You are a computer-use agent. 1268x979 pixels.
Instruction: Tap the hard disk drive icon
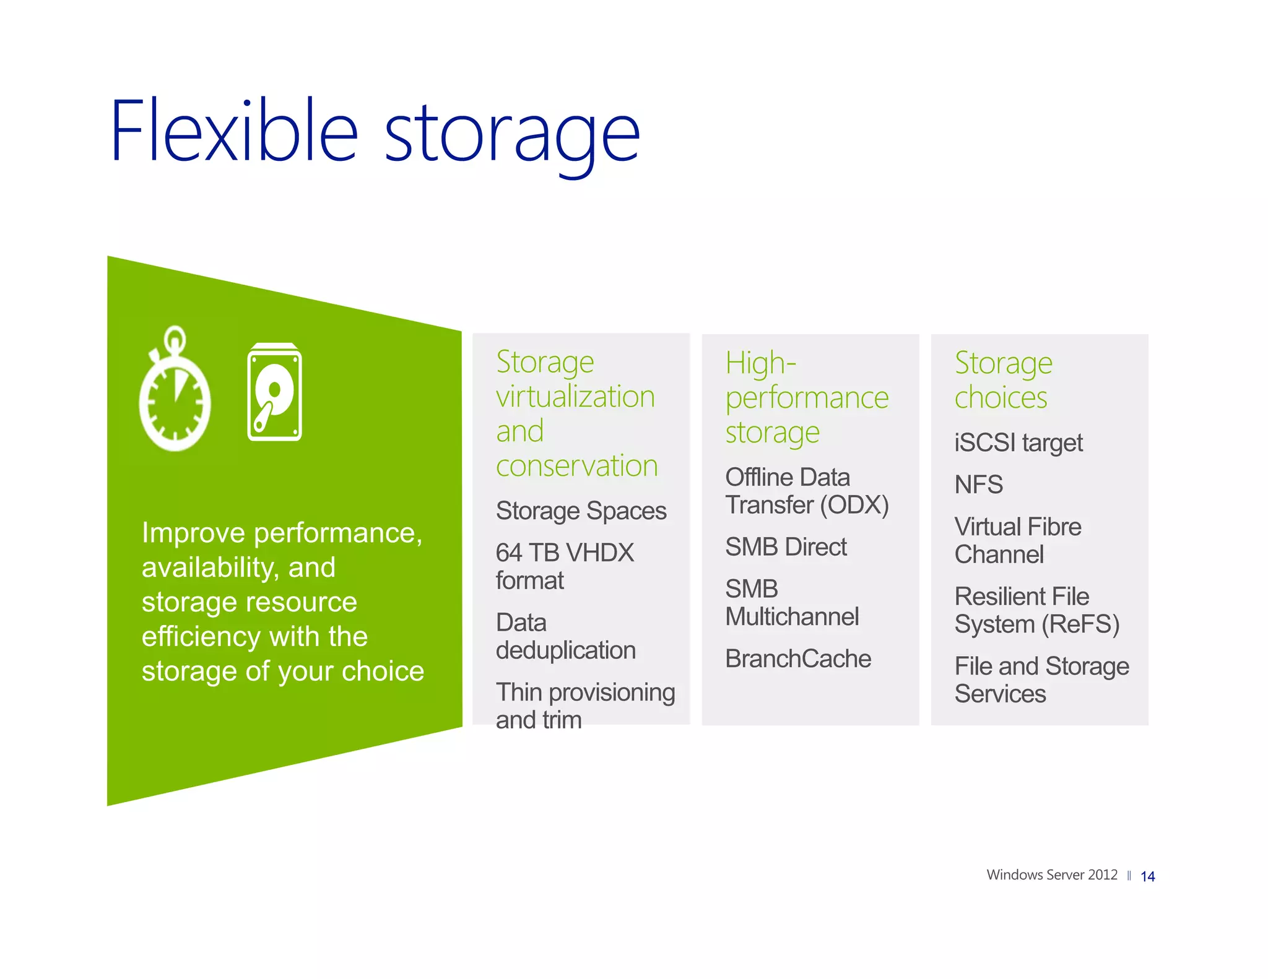[274, 392]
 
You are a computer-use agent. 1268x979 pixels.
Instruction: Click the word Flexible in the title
[234, 132]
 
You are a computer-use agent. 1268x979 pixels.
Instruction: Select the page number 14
[1147, 876]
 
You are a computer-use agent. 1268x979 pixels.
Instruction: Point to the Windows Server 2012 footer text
[1051, 875]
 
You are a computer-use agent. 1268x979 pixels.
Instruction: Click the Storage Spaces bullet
[581, 511]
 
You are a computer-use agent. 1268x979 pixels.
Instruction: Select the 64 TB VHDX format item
[564, 566]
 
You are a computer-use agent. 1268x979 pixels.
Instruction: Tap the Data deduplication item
[565, 636]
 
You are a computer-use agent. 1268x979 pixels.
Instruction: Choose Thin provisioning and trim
[584, 705]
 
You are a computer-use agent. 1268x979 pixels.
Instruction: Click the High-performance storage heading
[806, 397]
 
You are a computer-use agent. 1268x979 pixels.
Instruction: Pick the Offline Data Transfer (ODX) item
[806, 491]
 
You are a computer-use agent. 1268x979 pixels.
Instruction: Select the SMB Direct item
[785, 547]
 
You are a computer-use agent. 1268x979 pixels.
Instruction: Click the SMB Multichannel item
[791, 603]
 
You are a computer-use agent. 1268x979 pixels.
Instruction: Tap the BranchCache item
[797, 659]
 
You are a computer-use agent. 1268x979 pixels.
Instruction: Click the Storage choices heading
[1002, 380]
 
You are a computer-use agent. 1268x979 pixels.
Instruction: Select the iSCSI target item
[1018, 443]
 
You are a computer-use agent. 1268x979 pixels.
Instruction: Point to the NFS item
[978, 485]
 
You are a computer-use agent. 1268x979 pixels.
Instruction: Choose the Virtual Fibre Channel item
[1017, 540]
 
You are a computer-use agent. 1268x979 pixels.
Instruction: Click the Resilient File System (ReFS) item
[1036, 610]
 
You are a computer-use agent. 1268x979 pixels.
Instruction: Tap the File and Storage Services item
[1041, 679]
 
